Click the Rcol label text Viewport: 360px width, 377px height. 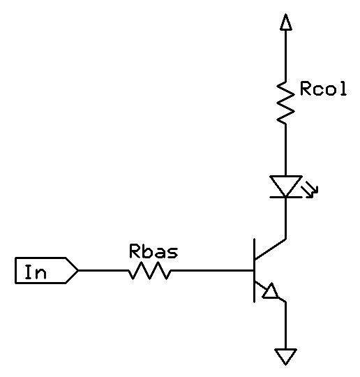pyautogui.click(x=323, y=89)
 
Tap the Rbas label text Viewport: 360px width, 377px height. pyautogui.click(x=153, y=251)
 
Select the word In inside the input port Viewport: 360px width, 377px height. pyautogui.click(x=36, y=272)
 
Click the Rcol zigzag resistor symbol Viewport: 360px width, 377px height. pyautogui.click(x=285, y=103)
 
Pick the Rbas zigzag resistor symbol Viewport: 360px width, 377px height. pyautogui.click(x=149, y=271)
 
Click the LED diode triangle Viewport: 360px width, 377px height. pyautogui.click(x=285, y=186)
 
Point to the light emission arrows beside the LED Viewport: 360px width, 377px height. pyautogui.click(x=310, y=190)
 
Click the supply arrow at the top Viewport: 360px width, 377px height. pyautogui.click(x=286, y=22)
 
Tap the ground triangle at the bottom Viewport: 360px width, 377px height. pyautogui.click(x=285, y=357)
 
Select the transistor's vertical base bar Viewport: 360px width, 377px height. pyautogui.click(x=254, y=270)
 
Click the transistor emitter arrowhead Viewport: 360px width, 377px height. pyautogui.click(x=271, y=291)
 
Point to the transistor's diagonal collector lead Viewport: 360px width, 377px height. pyautogui.click(x=270, y=249)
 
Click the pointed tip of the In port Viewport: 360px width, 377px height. pyautogui.click(x=78, y=270)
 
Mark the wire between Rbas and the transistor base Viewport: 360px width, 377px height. pyautogui.click(x=213, y=270)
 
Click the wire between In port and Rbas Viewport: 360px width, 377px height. pyautogui.click(x=103, y=270)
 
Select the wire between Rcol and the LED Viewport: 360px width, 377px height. pyautogui.click(x=286, y=150)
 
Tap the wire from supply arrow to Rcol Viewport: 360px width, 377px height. pyautogui.click(x=286, y=56)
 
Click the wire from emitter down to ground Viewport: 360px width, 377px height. pyautogui.click(x=286, y=325)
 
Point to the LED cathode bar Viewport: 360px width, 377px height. pyautogui.click(x=285, y=197)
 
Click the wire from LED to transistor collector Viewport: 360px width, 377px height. pyautogui.click(x=286, y=219)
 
